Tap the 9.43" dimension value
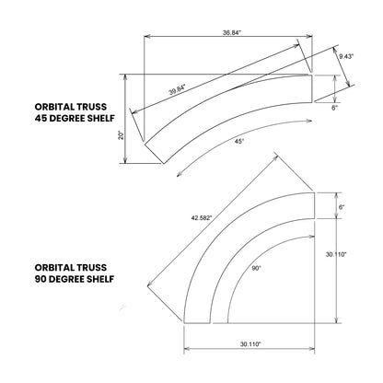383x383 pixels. coord(345,56)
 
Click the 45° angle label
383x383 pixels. coord(239,141)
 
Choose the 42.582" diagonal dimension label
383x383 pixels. coord(202,217)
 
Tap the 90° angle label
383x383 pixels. coord(257,267)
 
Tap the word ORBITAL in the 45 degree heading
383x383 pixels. coord(52,105)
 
